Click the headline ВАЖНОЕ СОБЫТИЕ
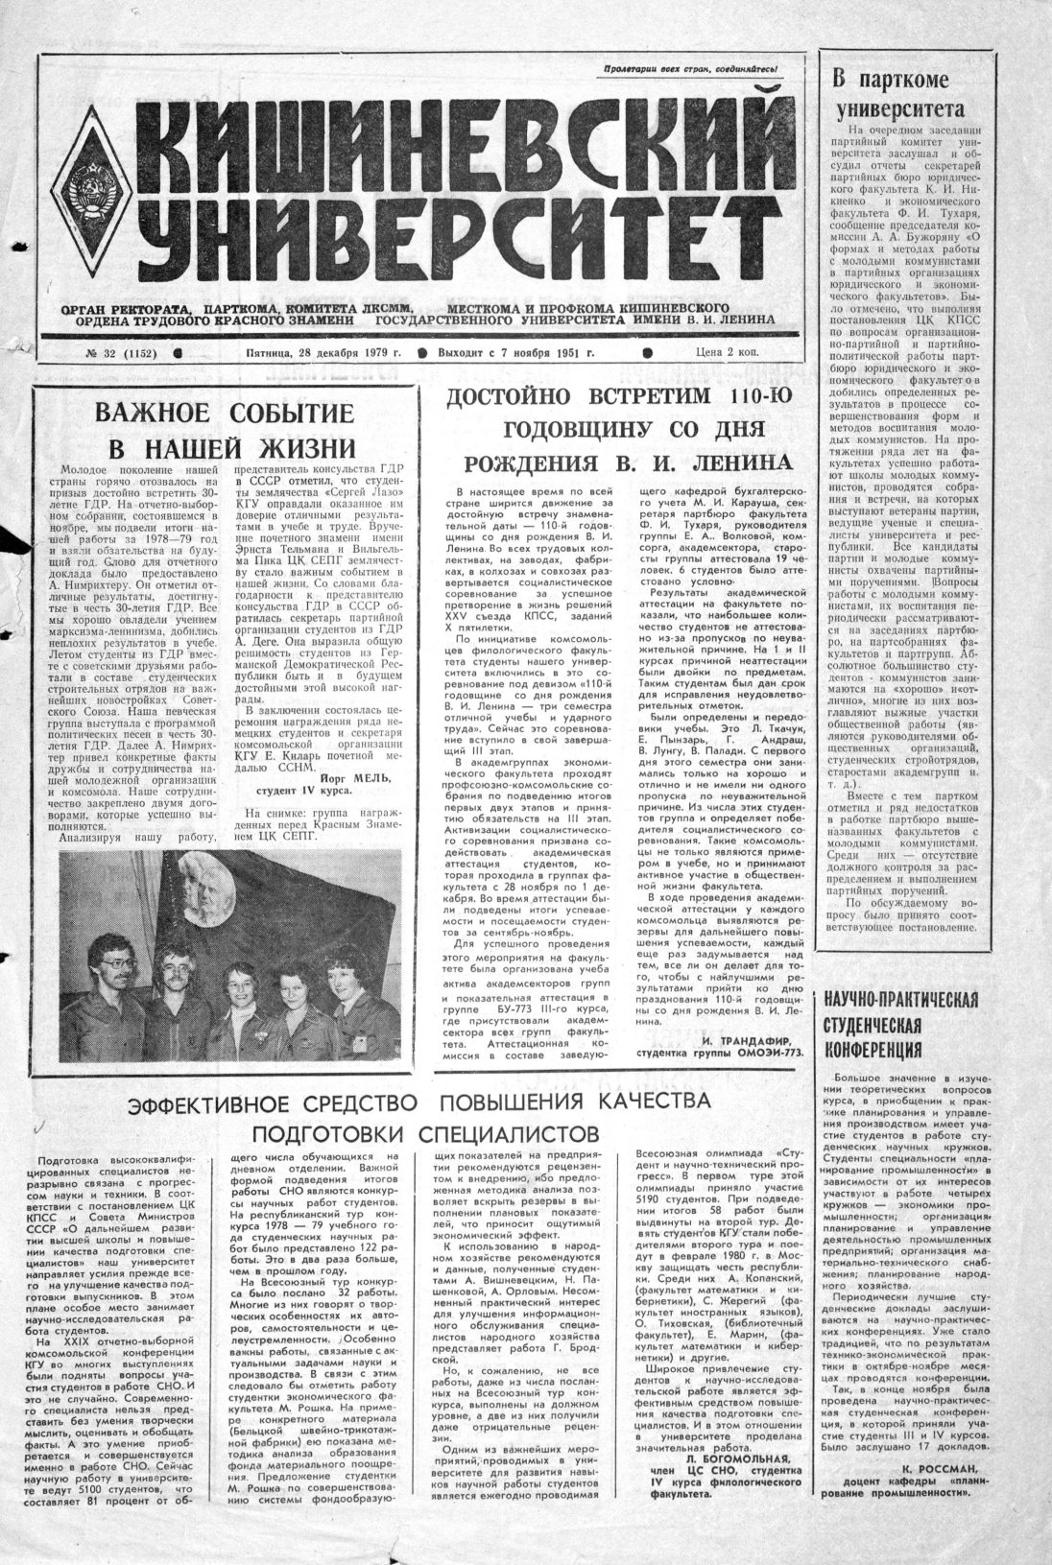point(224,414)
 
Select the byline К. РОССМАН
point(941,1468)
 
